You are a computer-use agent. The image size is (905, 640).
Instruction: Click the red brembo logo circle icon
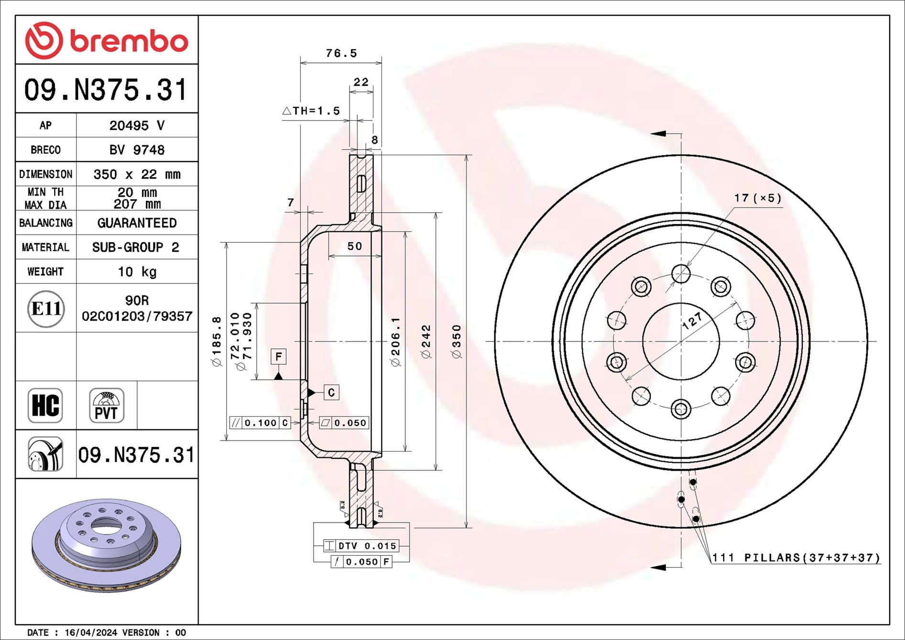[x=44, y=40]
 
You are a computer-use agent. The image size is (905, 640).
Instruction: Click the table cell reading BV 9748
[x=137, y=150]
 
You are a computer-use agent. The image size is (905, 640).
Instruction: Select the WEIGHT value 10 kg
[x=137, y=272]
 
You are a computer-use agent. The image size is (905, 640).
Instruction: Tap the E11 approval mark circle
[x=45, y=309]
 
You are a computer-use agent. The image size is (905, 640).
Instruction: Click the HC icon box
[x=45, y=405]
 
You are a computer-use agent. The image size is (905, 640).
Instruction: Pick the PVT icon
[x=107, y=405]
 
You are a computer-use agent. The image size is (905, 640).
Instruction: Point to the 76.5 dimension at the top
[x=341, y=53]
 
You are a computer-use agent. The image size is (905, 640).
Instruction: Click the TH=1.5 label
[x=311, y=111]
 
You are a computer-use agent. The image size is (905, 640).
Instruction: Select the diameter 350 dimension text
[x=457, y=341]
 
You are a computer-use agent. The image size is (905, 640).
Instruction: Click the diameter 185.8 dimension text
[x=217, y=341]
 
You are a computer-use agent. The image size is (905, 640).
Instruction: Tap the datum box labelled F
[x=278, y=357]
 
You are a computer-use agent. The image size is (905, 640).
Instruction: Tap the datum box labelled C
[x=331, y=392]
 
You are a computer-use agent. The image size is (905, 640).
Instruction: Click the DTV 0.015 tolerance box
[x=361, y=546]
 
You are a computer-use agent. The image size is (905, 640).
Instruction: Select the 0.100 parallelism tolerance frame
[x=260, y=423]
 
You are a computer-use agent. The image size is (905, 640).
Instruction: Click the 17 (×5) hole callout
[x=757, y=198]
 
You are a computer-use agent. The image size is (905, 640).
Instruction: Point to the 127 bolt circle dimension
[x=692, y=321]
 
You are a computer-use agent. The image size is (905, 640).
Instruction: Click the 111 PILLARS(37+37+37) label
[x=796, y=558]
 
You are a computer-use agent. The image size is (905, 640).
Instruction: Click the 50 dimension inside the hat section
[x=354, y=246]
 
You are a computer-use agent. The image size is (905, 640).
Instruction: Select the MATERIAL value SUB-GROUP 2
[x=136, y=248]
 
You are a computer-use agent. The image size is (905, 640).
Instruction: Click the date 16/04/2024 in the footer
[x=91, y=632]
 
